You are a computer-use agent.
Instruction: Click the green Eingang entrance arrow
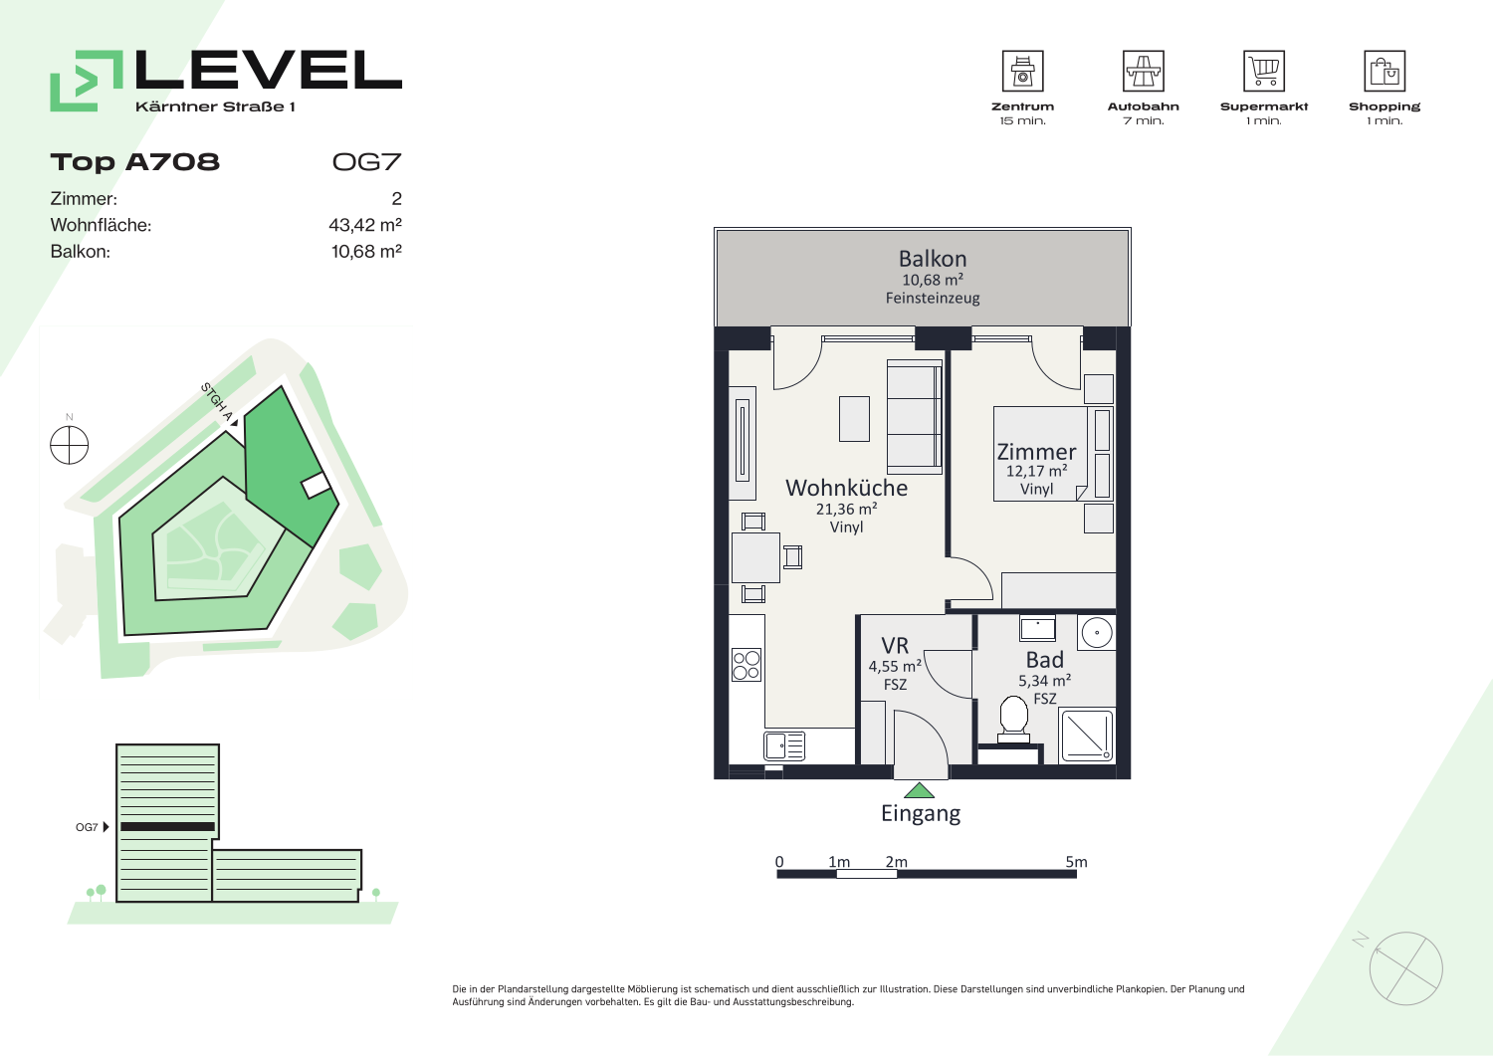[x=919, y=790]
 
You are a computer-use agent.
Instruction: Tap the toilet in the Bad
[x=1013, y=720]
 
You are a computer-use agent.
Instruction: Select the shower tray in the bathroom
[x=1087, y=736]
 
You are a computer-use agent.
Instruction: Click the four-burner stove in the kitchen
[x=746, y=665]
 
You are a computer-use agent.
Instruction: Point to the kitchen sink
[x=784, y=746]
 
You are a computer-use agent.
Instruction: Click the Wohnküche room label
[x=846, y=488]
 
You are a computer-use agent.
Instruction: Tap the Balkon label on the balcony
[x=933, y=258]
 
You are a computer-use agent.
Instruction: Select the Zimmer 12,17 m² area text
[x=1036, y=471]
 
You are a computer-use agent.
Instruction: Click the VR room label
[x=895, y=645]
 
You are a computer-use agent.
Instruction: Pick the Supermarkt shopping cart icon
[x=1264, y=71]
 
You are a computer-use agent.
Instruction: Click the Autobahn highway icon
[x=1143, y=71]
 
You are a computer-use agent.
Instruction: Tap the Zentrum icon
[x=1022, y=71]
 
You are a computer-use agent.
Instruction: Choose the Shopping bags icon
[x=1385, y=71]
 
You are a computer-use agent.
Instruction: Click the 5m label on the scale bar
[x=1076, y=861]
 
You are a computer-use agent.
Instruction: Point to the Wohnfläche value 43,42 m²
[x=365, y=225]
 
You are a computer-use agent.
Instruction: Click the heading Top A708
[x=134, y=162]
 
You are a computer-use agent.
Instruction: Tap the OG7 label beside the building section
[x=87, y=827]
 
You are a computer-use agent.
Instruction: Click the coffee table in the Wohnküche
[x=854, y=419]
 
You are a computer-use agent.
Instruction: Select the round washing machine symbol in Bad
[x=1097, y=632]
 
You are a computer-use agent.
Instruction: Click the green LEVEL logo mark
[x=86, y=81]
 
